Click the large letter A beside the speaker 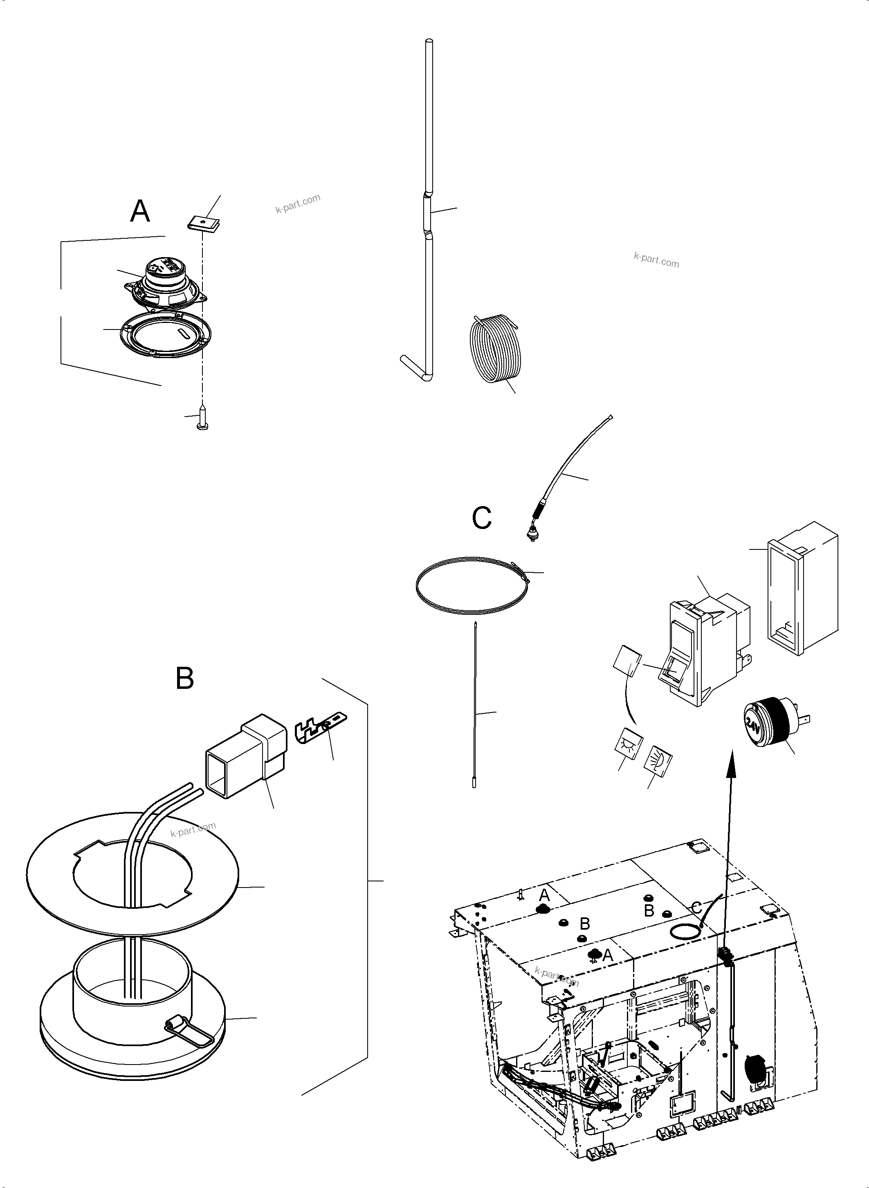140,211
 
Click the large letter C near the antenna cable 481,518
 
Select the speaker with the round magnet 164,284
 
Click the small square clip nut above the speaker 204,223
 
